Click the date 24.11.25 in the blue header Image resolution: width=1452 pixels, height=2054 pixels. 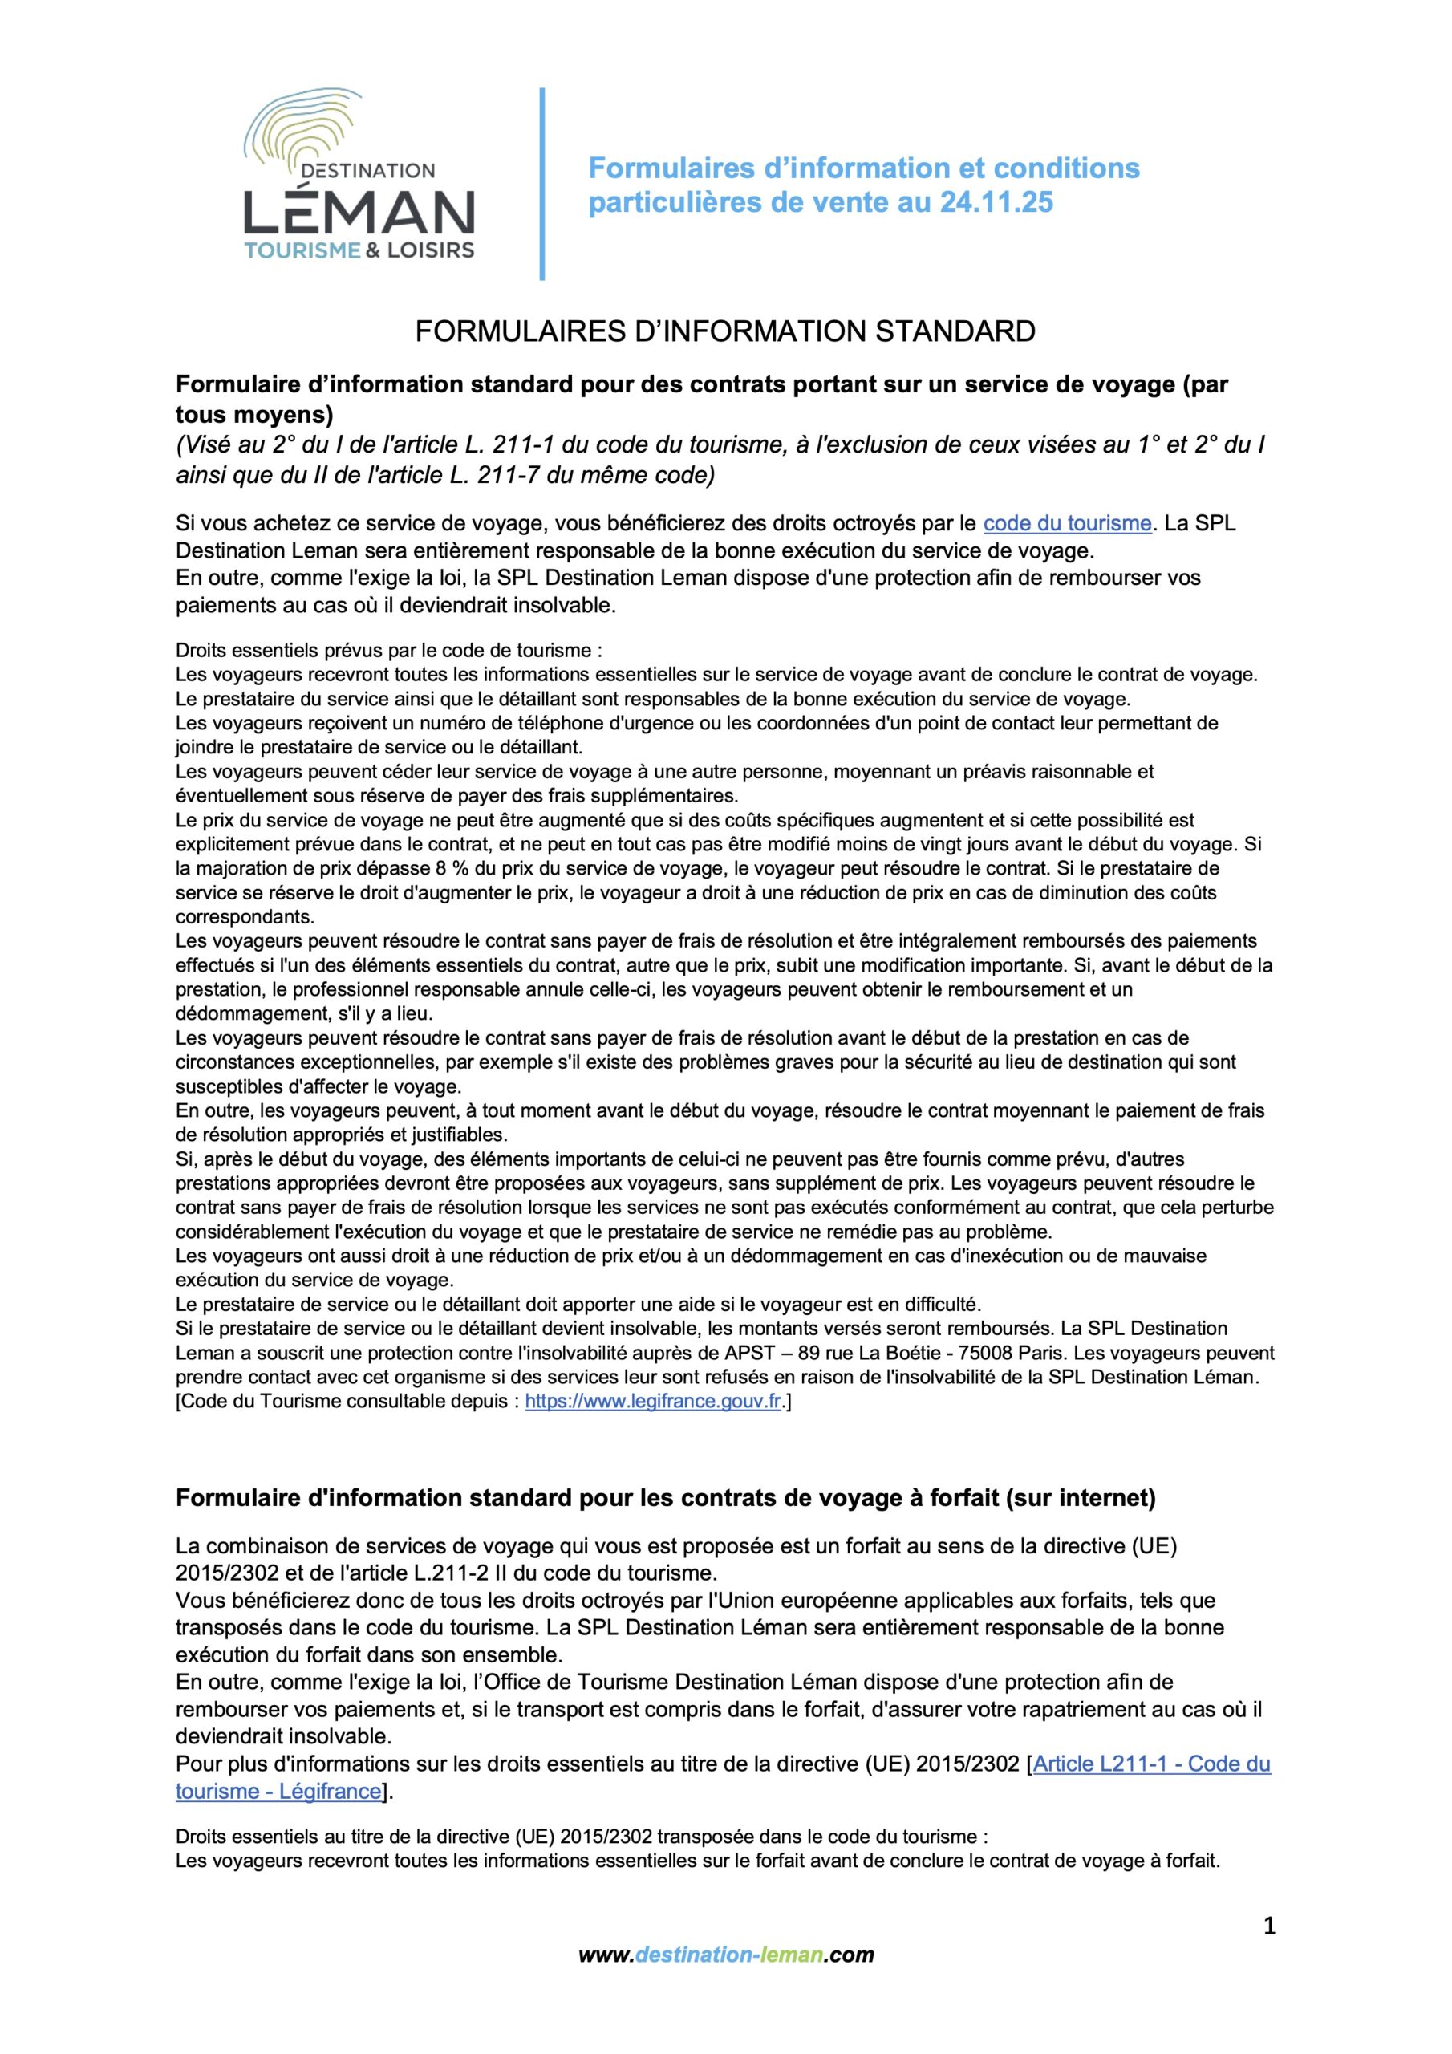click(996, 203)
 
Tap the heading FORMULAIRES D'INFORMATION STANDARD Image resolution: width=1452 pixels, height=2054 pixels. click(724, 332)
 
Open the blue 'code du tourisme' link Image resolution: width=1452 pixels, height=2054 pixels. click(1066, 523)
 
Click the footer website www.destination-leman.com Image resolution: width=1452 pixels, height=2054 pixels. click(725, 2005)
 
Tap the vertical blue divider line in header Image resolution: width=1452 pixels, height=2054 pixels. click(542, 184)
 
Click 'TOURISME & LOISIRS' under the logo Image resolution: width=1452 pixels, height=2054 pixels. click(359, 250)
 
